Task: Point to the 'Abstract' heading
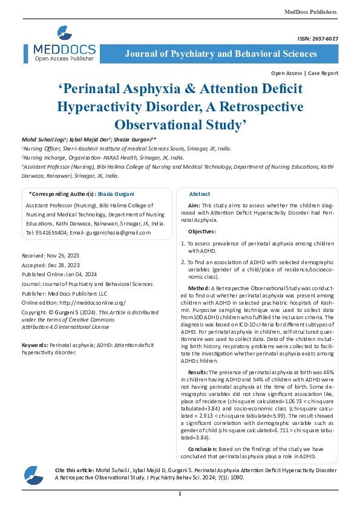[200, 194]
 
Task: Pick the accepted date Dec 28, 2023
[64, 265]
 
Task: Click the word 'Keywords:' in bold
[34, 344]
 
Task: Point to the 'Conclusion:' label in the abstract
[202, 449]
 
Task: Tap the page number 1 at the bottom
[180, 494]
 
